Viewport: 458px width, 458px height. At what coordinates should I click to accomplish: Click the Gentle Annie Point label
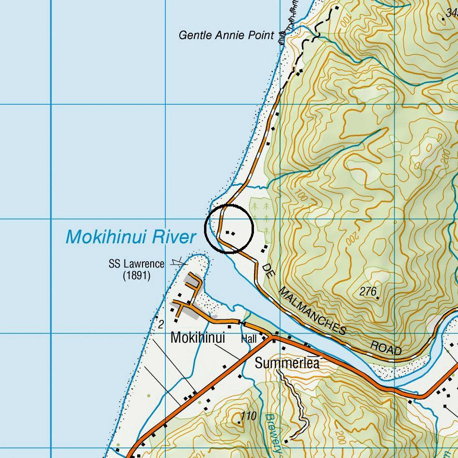(226, 35)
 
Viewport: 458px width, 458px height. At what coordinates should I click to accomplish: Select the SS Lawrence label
(136, 264)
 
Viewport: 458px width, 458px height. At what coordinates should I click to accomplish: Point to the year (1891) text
(136, 276)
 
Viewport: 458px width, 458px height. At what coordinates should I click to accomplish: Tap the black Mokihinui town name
(198, 338)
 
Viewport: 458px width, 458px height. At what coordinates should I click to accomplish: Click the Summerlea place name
(287, 363)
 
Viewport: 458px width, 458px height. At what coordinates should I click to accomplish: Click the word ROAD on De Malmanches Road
(386, 348)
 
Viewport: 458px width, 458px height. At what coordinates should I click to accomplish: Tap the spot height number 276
(368, 291)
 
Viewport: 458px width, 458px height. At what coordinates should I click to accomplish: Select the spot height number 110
(248, 416)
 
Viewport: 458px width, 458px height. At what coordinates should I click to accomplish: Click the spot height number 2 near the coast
(161, 325)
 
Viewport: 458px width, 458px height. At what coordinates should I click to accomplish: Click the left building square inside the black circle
(227, 232)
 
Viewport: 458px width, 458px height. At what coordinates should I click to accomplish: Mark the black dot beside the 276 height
(378, 298)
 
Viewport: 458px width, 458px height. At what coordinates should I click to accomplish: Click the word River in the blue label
(173, 237)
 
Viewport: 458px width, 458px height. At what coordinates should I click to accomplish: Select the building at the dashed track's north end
(335, 9)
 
